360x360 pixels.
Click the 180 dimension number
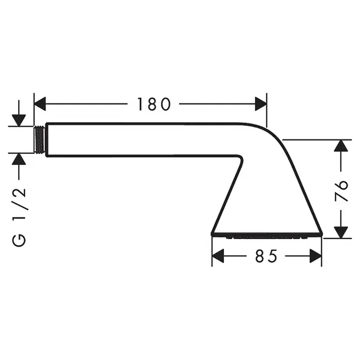pos(153,104)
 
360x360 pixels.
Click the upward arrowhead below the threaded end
pos(19,158)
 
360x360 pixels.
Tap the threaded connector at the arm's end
pos(40,139)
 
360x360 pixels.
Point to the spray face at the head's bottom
pos(266,237)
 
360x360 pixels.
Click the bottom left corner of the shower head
pos(212,235)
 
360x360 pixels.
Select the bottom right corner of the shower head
pos(322,235)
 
